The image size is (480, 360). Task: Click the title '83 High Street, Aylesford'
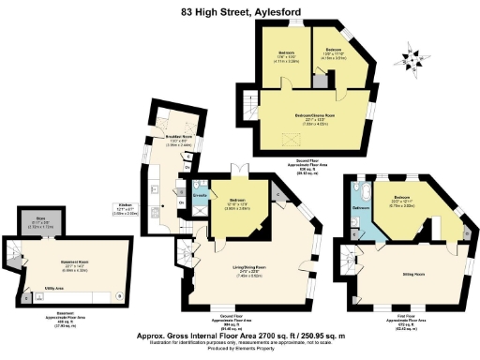239,13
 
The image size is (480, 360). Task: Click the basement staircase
15,254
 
